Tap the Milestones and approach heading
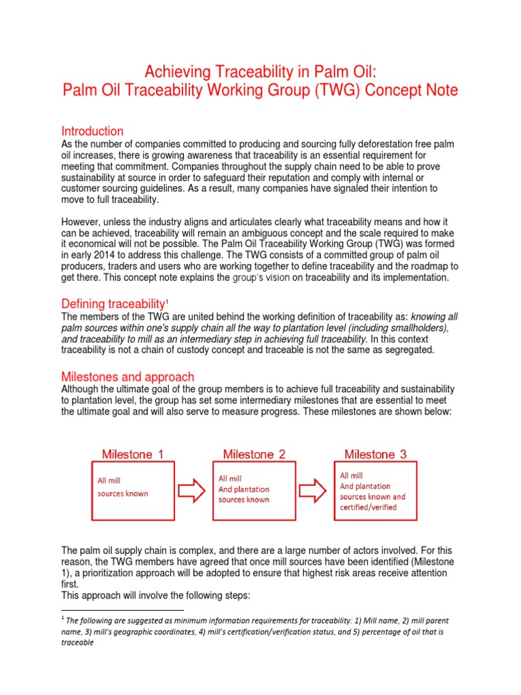tap(128, 377)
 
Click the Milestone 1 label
tap(132, 454)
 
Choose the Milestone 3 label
tap(375, 454)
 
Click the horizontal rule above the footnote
tap(122, 610)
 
